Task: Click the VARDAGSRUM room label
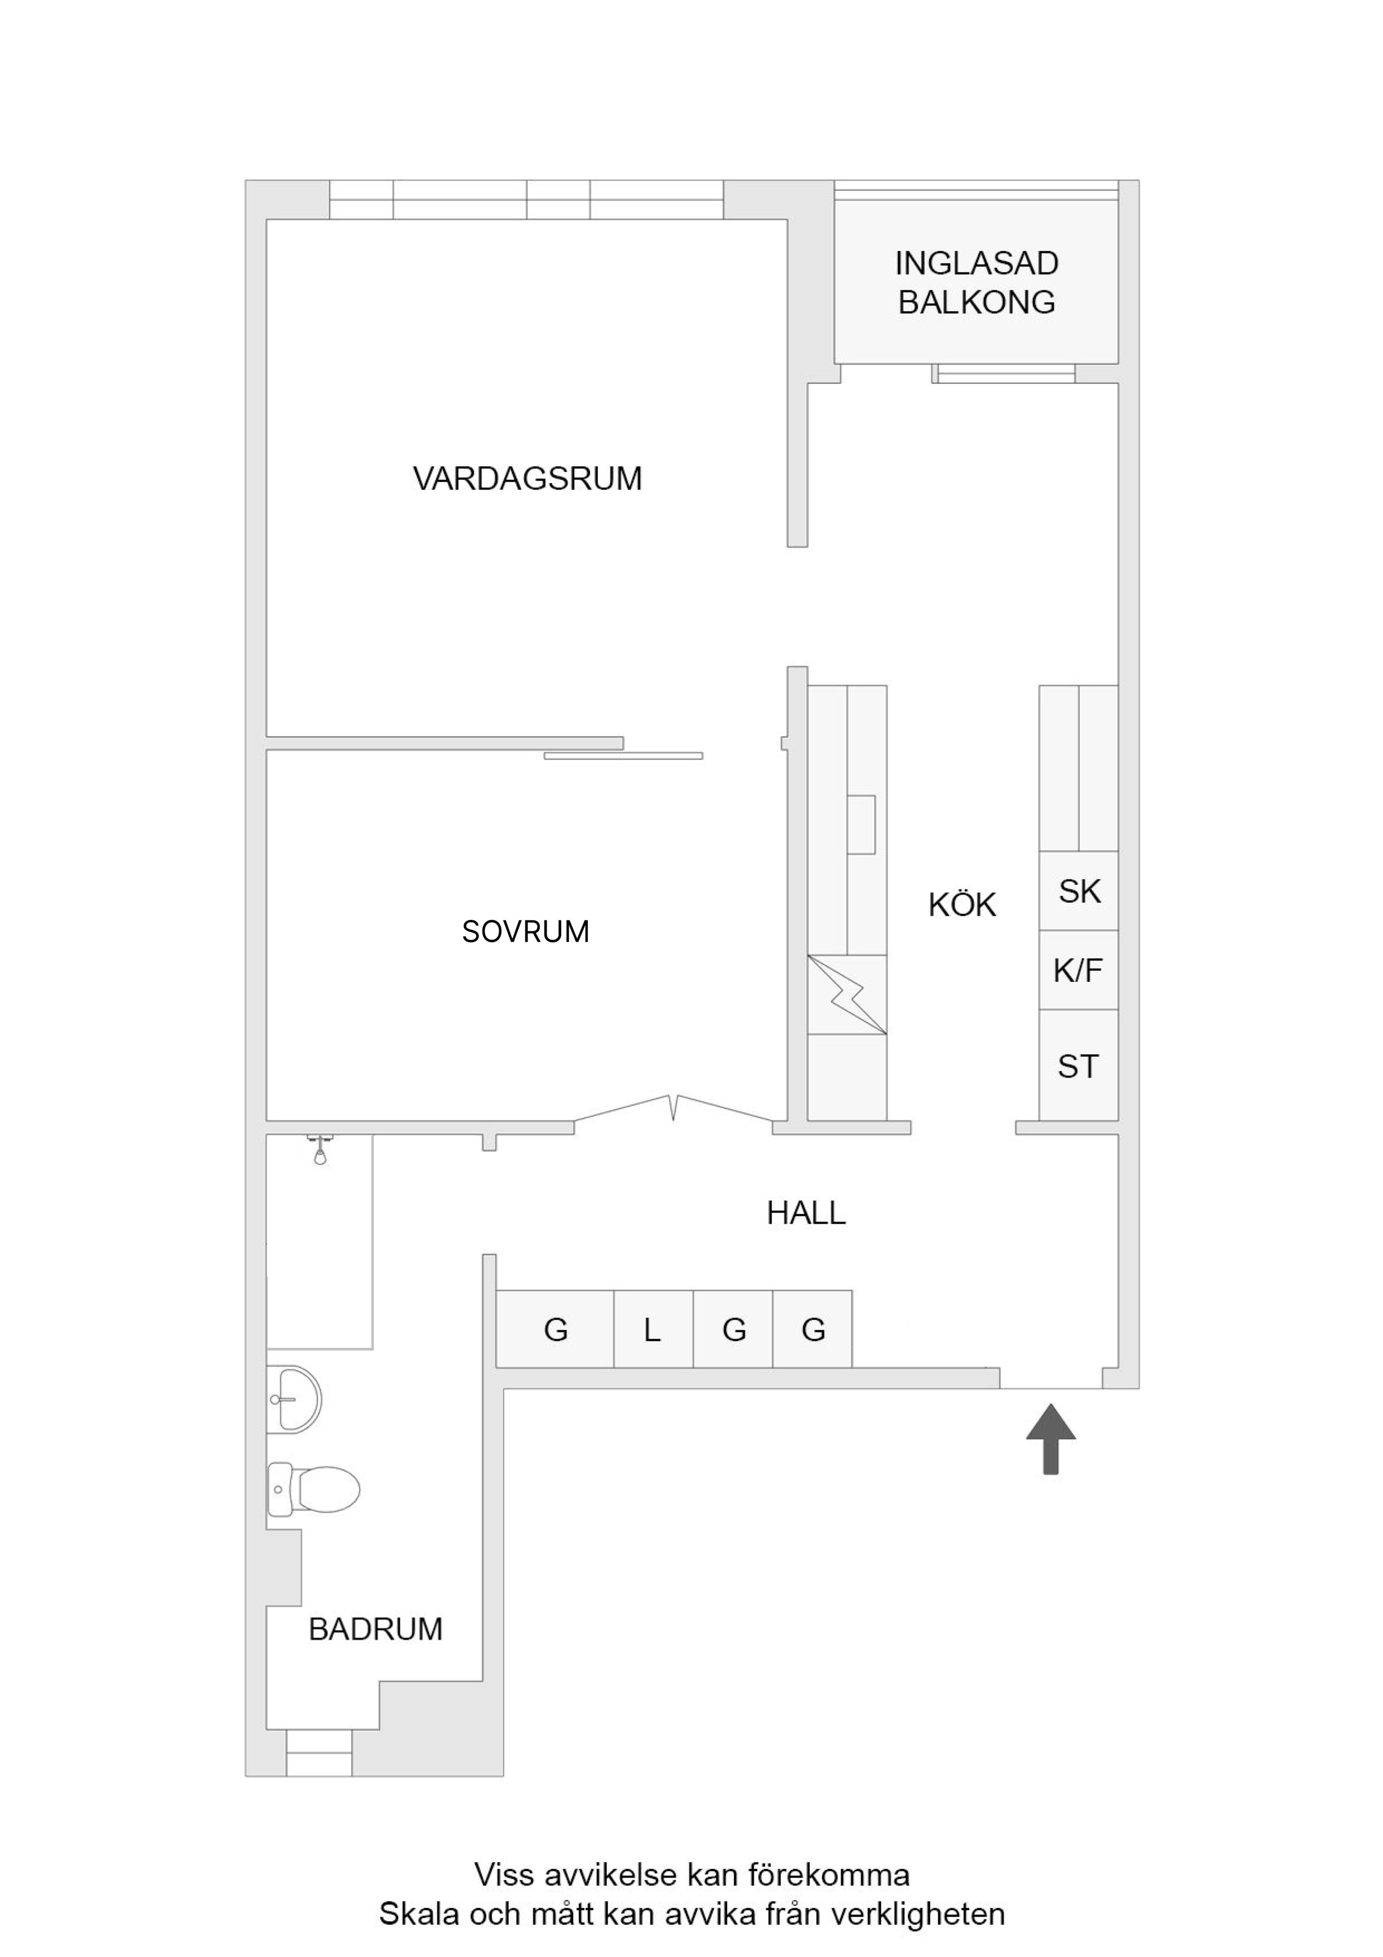click(528, 478)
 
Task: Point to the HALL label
click(806, 1213)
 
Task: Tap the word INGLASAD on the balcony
click(976, 263)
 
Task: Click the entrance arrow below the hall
click(1050, 1439)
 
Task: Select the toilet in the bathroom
click(313, 1489)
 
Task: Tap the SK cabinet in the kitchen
click(1079, 891)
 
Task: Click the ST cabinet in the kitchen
click(1079, 1066)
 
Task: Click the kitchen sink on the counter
click(862, 824)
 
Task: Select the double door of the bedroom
click(674, 1108)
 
